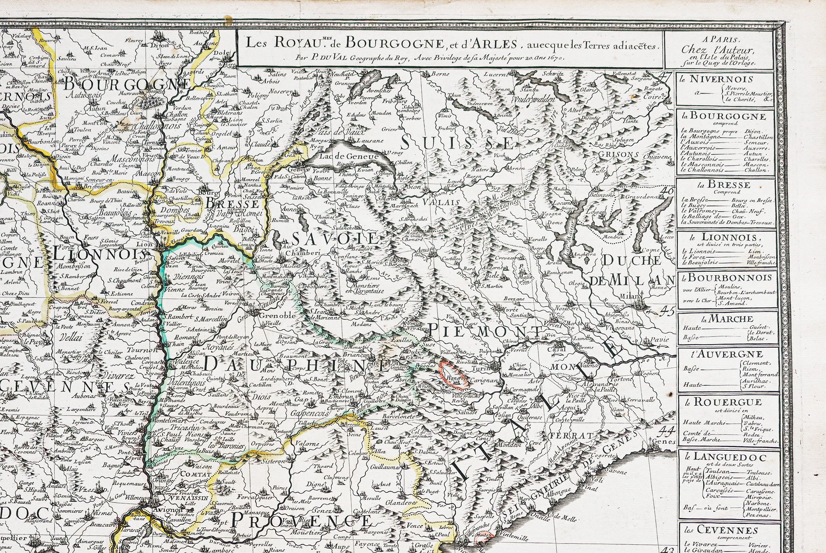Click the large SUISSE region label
tap(457, 142)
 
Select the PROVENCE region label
tap(301, 520)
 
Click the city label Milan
tap(630, 295)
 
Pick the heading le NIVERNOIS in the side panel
tap(724, 79)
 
